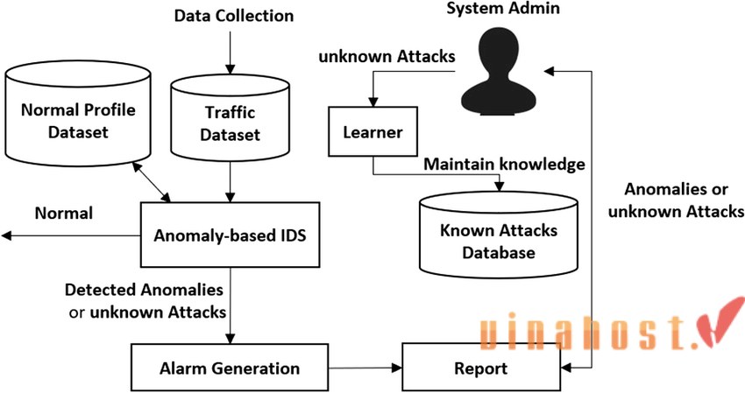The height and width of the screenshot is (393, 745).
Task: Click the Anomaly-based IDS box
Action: point(230,235)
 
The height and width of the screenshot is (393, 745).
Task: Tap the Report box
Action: point(480,368)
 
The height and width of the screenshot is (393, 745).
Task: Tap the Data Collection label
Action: point(234,16)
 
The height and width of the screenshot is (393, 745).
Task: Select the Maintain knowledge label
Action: point(504,164)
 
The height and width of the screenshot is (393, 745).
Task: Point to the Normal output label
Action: point(63,213)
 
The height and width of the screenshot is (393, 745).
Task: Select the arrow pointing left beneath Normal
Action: point(70,235)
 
